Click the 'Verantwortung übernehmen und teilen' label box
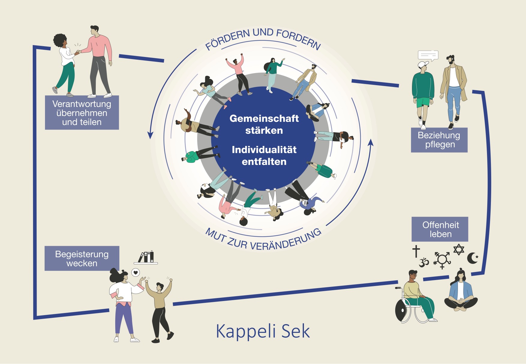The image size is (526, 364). coord(82,113)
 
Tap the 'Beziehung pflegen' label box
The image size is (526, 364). coord(439,140)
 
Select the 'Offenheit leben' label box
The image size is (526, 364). coord(440,229)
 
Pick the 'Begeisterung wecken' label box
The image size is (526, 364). coord(82,258)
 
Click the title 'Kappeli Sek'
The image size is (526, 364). coord(263,331)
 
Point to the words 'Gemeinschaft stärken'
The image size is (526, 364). coord(264,124)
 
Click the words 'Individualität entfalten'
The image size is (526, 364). coord(264,156)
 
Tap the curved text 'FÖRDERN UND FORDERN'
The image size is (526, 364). coord(263,38)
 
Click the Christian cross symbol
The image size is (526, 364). coord(416,251)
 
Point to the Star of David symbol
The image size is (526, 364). coord(458,249)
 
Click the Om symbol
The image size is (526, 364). coord(424,263)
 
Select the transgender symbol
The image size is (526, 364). coord(442,260)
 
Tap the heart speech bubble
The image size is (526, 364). coord(136,273)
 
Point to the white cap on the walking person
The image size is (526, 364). coord(423,64)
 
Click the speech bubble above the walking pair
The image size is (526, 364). coord(428,55)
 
